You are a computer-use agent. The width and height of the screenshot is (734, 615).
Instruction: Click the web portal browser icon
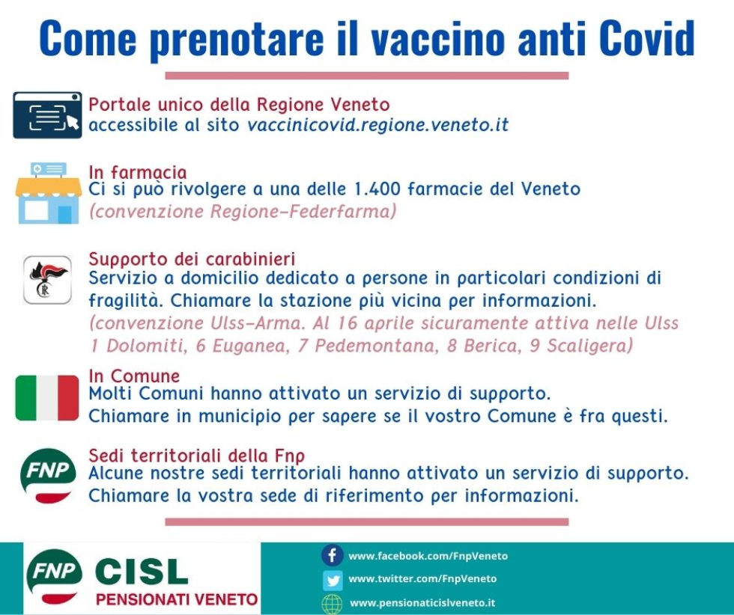[47, 115]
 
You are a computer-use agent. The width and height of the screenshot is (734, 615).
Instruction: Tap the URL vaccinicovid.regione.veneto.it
[377, 125]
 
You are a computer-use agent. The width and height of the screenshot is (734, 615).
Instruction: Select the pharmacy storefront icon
[48, 193]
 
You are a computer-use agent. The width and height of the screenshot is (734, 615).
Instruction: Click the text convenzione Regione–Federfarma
[242, 212]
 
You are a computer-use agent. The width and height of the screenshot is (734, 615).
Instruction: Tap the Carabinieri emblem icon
[47, 280]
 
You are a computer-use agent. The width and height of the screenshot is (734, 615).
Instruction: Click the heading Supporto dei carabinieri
[192, 260]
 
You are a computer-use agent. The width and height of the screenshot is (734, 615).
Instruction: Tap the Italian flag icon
[47, 398]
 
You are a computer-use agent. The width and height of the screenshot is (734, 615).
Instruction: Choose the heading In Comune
[134, 376]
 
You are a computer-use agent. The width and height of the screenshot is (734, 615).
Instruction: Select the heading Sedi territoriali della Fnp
[196, 456]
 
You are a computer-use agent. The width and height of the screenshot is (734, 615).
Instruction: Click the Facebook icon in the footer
[332, 556]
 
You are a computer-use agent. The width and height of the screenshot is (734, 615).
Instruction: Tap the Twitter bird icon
[332, 579]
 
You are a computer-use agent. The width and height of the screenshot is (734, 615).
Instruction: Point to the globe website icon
[332, 603]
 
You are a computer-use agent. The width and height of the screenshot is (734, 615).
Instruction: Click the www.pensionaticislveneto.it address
[422, 602]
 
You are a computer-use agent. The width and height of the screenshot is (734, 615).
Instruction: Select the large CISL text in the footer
[141, 572]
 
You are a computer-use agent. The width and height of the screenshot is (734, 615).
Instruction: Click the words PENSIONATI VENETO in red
[177, 599]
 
